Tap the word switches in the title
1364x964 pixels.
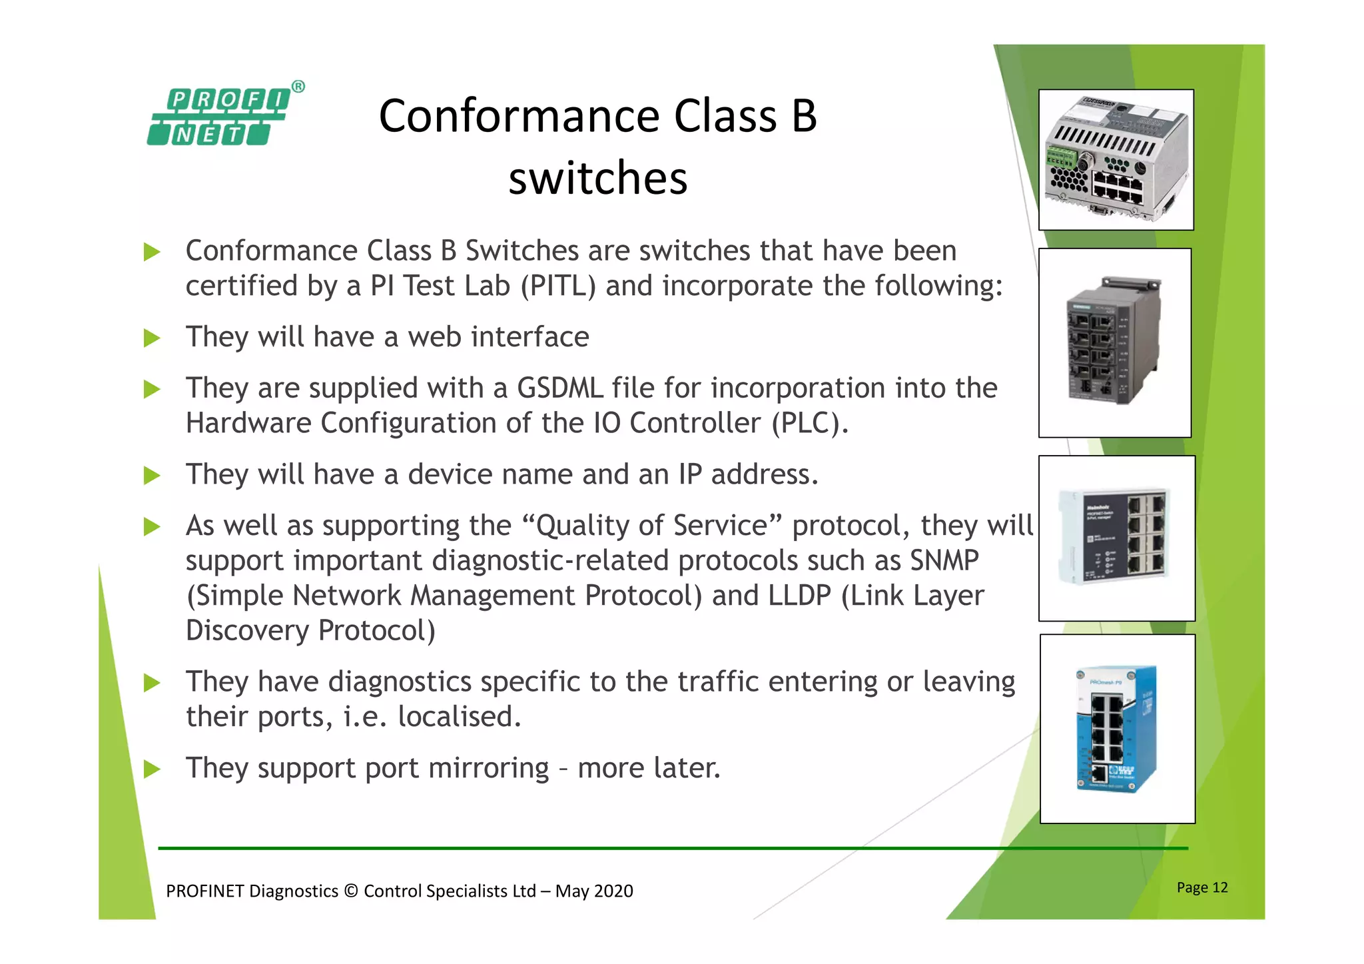pyautogui.click(x=597, y=179)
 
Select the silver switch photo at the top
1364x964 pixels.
pyautogui.click(x=1116, y=160)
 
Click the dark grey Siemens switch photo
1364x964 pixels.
pyautogui.click(x=1114, y=342)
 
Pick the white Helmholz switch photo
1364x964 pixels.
pyautogui.click(x=1116, y=538)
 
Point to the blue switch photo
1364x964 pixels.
pyautogui.click(x=1117, y=728)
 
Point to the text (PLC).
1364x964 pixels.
pyautogui.click(x=809, y=423)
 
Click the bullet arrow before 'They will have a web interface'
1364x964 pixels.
pyautogui.click(x=152, y=338)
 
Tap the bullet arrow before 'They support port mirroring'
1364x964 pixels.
pyautogui.click(x=152, y=769)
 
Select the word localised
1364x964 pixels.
pyautogui.click(x=459, y=717)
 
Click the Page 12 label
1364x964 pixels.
pyautogui.click(x=1201, y=887)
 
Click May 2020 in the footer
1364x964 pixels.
pyautogui.click(x=593, y=891)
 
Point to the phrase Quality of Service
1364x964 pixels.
pyautogui.click(x=651, y=526)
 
